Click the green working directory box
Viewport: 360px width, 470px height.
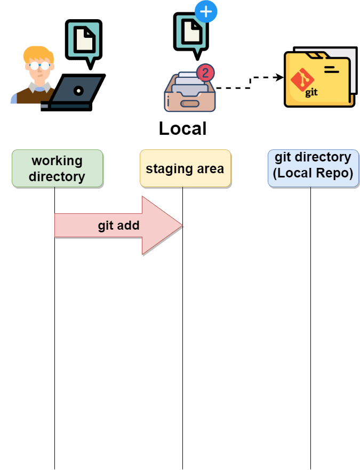[57, 168]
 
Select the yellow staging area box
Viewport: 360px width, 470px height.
[185, 168]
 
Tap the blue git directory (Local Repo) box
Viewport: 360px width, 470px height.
[313, 168]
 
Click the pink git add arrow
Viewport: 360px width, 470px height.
[118, 225]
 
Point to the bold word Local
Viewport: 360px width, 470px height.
[182, 129]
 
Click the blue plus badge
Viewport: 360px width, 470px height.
[206, 11]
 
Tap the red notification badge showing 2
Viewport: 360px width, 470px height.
[205, 72]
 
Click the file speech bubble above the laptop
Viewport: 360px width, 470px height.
[83, 42]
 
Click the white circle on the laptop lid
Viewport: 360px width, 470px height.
[78, 91]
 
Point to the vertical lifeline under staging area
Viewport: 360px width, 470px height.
[182, 346]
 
